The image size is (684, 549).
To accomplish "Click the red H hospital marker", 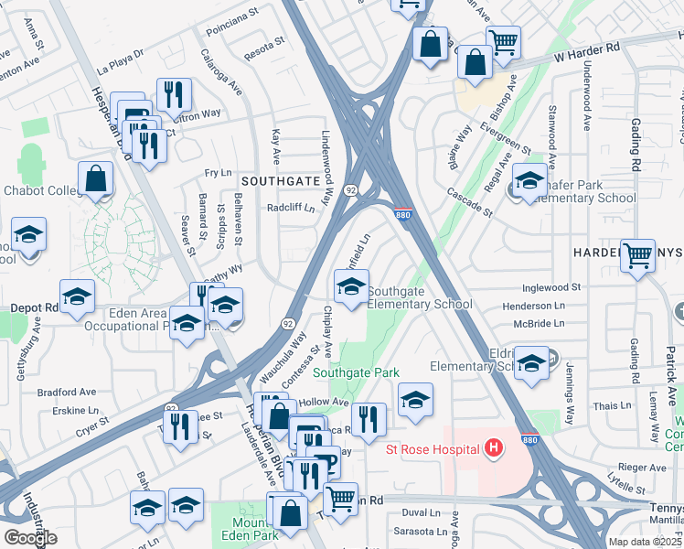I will pyautogui.click(x=494, y=448).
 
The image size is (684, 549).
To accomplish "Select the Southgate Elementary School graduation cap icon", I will pyautogui.click(x=351, y=286).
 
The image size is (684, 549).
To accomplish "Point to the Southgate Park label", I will pyautogui.click(x=357, y=373).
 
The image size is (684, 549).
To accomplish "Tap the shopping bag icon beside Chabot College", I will pyautogui.click(x=96, y=178).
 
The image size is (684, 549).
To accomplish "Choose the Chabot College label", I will pyautogui.click(x=37, y=190).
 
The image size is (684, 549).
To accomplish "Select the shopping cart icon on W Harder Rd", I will pyautogui.click(x=503, y=42).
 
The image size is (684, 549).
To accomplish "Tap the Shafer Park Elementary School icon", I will pyautogui.click(x=529, y=179).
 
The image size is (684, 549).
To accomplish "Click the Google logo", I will pyautogui.click(x=30, y=537).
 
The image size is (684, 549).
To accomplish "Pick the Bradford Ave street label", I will pyautogui.click(x=67, y=392).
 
